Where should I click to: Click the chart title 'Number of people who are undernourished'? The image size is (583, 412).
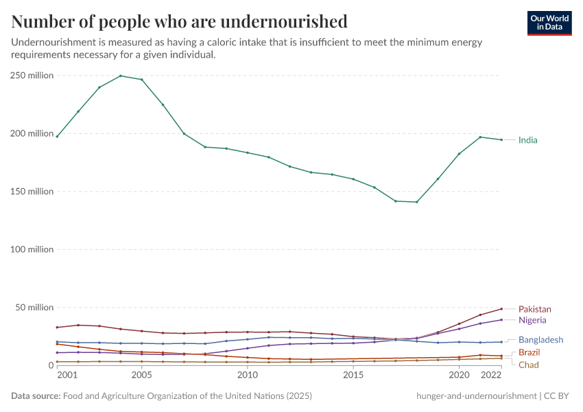pyautogui.click(x=179, y=22)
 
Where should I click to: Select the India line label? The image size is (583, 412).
pyautogui.click(x=528, y=140)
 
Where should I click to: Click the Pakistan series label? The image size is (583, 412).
pyautogui.click(x=534, y=310)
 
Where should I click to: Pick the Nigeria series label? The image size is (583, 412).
pyautogui.click(x=532, y=320)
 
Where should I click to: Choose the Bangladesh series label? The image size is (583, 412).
pyautogui.click(x=540, y=340)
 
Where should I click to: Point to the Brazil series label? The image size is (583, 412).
pyautogui.click(x=529, y=352)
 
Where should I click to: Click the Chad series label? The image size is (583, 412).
pyautogui.click(x=528, y=365)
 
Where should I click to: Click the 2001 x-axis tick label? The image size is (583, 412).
pyautogui.click(x=67, y=376)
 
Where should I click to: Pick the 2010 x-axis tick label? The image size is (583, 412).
pyautogui.click(x=248, y=376)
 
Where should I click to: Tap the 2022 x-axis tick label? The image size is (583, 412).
pyautogui.click(x=491, y=376)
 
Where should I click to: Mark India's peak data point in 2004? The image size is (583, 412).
pyautogui.click(x=121, y=76)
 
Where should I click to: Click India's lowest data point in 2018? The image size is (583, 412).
pyautogui.click(x=417, y=202)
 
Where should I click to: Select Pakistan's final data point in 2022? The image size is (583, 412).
pyautogui.click(x=501, y=309)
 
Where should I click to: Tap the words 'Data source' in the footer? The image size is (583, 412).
pyautogui.click(x=35, y=396)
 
